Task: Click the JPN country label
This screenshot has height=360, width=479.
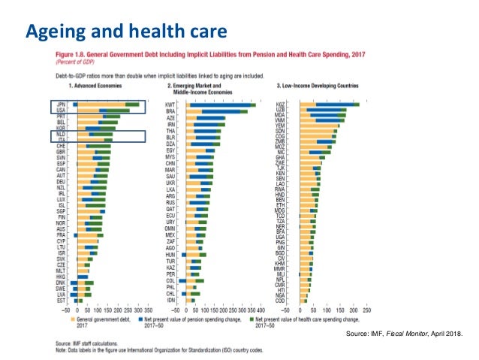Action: tap(62, 104)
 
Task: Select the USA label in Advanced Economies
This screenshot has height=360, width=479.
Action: tap(62, 110)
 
